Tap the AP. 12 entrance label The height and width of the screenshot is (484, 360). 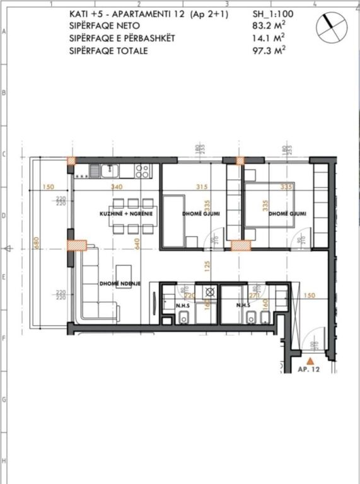coord(309,370)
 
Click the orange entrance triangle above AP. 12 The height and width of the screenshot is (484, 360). coord(309,359)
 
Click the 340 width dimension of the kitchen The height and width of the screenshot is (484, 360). coord(116,187)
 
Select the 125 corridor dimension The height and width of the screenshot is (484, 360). coord(206,266)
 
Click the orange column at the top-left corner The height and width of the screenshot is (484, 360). coord(72,161)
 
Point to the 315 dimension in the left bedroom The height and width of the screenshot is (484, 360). coord(202,187)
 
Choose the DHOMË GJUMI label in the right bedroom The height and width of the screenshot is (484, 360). coord(287,214)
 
